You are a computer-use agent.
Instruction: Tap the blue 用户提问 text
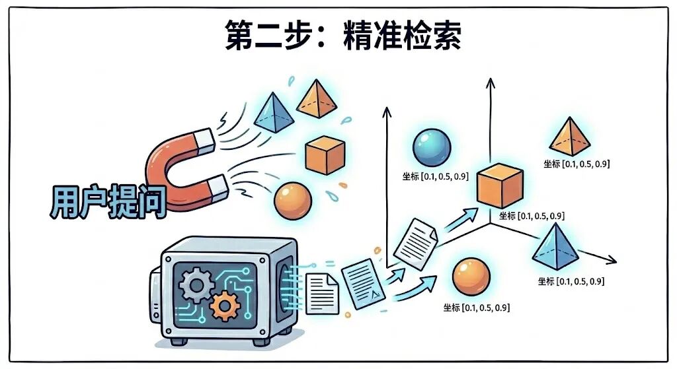coord(108,201)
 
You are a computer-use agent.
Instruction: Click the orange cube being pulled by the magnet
coord(325,154)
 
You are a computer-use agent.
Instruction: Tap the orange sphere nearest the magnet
coord(293,201)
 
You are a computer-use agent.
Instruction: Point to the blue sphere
coord(431,148)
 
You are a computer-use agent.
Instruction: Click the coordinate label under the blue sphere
coord(435,176)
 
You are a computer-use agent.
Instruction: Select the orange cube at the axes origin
coord(500,185)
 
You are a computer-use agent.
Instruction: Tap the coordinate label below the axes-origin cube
coord(532,216)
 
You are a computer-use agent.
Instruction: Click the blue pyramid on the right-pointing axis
coord(555,247)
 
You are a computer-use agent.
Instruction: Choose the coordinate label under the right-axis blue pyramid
coord(571,281)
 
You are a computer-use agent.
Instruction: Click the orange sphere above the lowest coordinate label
coord(471,277)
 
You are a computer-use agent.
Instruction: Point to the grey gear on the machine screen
coord(196,285)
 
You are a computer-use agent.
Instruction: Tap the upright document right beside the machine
coord(322,294)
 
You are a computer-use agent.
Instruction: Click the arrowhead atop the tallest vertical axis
coord(490,83)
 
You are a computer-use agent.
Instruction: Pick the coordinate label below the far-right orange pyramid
coord(577,164)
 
